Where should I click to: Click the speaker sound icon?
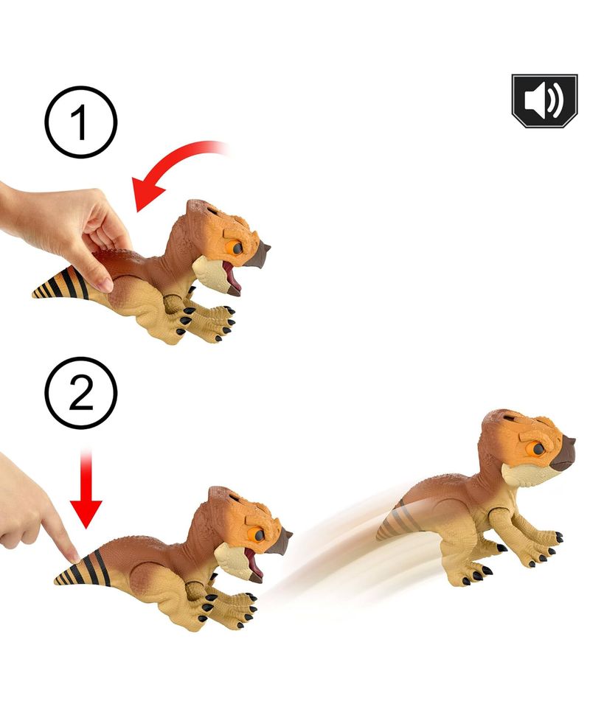coord(544,101)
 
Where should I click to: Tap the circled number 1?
coord(80,122)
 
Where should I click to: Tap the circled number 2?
coord(80,392)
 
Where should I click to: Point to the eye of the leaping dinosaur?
coord(538,449)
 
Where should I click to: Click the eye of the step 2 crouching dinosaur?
coord(258,534)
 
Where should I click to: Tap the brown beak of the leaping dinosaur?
coord(564,453)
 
